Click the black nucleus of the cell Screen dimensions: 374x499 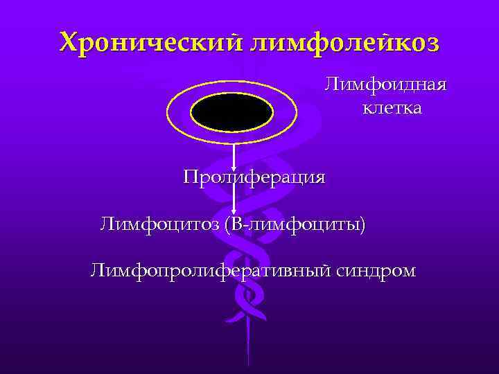click(x=232, y=112)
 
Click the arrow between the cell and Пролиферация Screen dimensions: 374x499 click(x=234, y=156)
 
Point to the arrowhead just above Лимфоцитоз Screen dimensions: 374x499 click(x=234, y=211)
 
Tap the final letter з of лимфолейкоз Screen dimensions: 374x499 click(x=433, y=44)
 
